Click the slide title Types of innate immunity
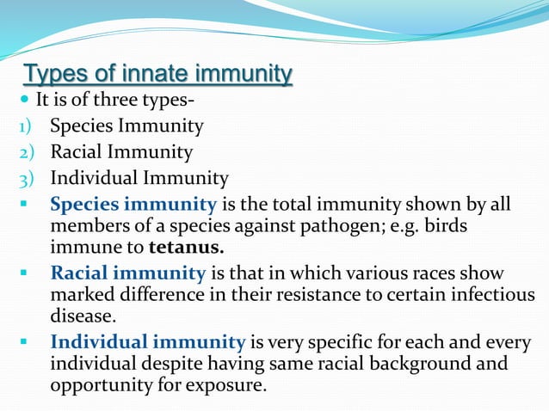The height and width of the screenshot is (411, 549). click(x=157, y=74)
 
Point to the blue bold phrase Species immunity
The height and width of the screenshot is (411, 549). click(x=133, y=205)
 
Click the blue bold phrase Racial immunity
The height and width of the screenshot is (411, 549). click(x=128, y=273)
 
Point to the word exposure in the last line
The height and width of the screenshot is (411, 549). click(x=223, y=384)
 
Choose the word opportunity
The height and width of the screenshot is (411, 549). click(x=100, y=384)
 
